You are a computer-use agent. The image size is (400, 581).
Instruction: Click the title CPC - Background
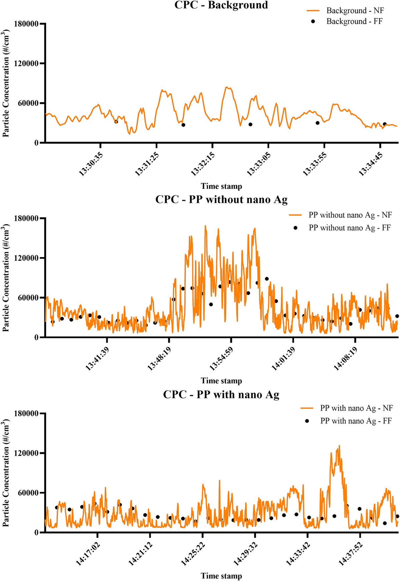pyautogui.click(x=221, y=5)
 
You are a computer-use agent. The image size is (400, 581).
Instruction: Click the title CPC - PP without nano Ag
pyautogui.click(x=221, y=199)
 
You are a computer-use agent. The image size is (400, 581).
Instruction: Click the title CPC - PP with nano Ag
pyautogui.click(x=221, y=395)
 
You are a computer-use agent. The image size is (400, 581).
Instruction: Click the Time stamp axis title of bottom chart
pyautogui.click(x=221, y=576)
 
